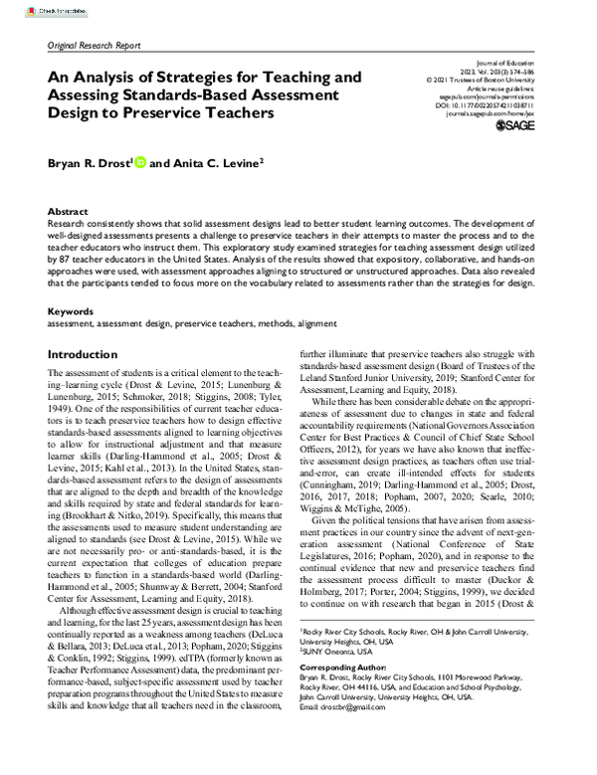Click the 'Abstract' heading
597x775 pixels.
(67, 212)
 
